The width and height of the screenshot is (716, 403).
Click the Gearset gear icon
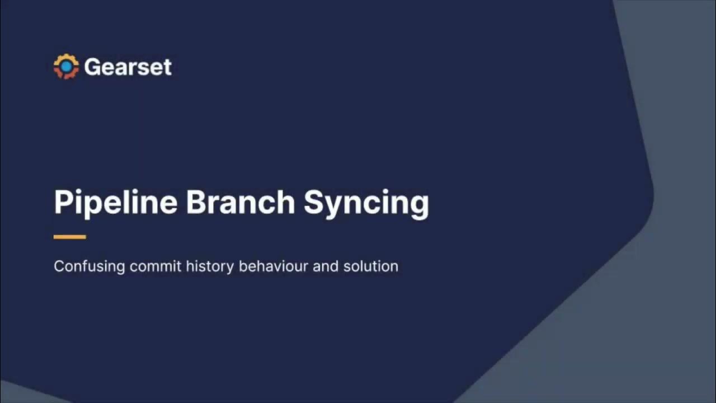coord(66,67)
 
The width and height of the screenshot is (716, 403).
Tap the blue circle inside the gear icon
coord(66,67)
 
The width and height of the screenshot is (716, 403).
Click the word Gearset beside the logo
coord(128,67)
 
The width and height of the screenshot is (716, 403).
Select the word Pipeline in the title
coord(115,202)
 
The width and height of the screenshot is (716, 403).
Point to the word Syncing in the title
coord(366,203)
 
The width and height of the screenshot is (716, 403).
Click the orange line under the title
coord(70,237)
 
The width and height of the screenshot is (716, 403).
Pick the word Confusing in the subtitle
coord(89,266)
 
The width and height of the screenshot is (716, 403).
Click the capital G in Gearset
coord(92,67)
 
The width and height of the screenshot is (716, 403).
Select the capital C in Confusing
coord(59,266)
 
